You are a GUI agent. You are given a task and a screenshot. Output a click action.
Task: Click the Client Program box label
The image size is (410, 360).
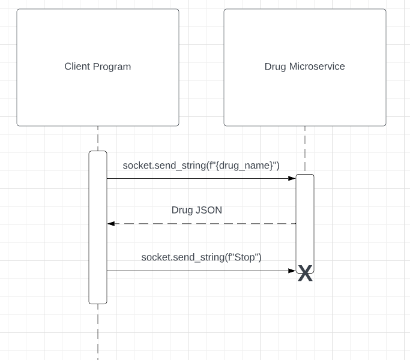click(x=97, y=67)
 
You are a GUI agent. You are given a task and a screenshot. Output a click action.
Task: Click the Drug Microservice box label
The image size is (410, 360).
click(x=304, y=67)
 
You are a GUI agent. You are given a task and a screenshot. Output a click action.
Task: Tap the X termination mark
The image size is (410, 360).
click(x=305, y=274)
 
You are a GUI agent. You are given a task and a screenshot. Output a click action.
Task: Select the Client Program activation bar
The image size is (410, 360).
click(x=98, y=228)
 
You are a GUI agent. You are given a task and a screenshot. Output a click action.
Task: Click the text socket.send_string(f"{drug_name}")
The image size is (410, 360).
click(x=201, y=165)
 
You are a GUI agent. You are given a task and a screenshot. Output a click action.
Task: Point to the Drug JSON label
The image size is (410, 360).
click(x=197, y=210)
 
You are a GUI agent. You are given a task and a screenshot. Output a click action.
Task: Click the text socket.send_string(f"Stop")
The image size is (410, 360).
click(x=201, y=257)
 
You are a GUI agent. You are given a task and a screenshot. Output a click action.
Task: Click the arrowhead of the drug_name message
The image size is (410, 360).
click(x=292, y=178)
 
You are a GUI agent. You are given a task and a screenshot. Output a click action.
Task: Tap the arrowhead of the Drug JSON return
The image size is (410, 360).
click(x=111, y=224)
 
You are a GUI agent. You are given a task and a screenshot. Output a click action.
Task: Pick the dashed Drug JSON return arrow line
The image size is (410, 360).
click(x=204, y=224)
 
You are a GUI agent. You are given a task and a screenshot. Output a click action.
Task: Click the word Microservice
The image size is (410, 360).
click(x=317, y=67)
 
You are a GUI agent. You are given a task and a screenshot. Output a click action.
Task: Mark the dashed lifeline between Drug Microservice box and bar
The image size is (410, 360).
click(x=305, y=150)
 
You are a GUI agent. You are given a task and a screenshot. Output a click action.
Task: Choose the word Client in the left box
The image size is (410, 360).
click(x=77, y=67)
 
